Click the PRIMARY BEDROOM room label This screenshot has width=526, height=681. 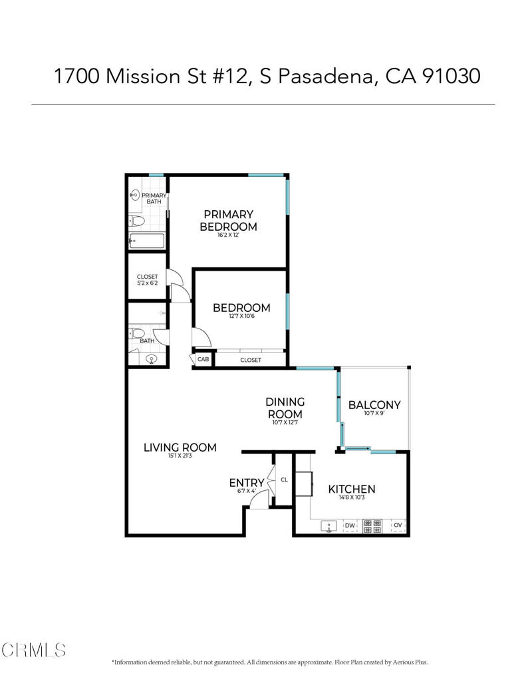[228, 220]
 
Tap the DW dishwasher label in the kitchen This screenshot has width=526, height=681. [350, 526]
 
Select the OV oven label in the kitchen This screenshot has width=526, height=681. [398, 526]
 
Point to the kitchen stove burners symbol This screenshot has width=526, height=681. [372, 526]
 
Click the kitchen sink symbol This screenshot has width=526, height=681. [330, 526]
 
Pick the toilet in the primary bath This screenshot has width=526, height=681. [138, 220]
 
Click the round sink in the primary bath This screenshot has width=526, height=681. [135, 195]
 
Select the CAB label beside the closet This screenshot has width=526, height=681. [203, 360]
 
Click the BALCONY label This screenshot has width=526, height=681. [374, 405]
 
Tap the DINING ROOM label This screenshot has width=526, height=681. [285, 408]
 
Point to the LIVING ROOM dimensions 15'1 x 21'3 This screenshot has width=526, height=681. [180, 457]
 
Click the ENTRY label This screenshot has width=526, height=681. [247, 483]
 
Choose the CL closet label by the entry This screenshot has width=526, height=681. [284, 479]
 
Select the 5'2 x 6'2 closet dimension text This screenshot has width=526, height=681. [147, 283]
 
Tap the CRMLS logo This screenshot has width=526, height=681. [33, 649]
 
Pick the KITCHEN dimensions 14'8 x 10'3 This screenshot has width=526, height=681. [352, 498]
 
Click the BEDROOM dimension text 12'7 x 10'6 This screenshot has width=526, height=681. [241, 317]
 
